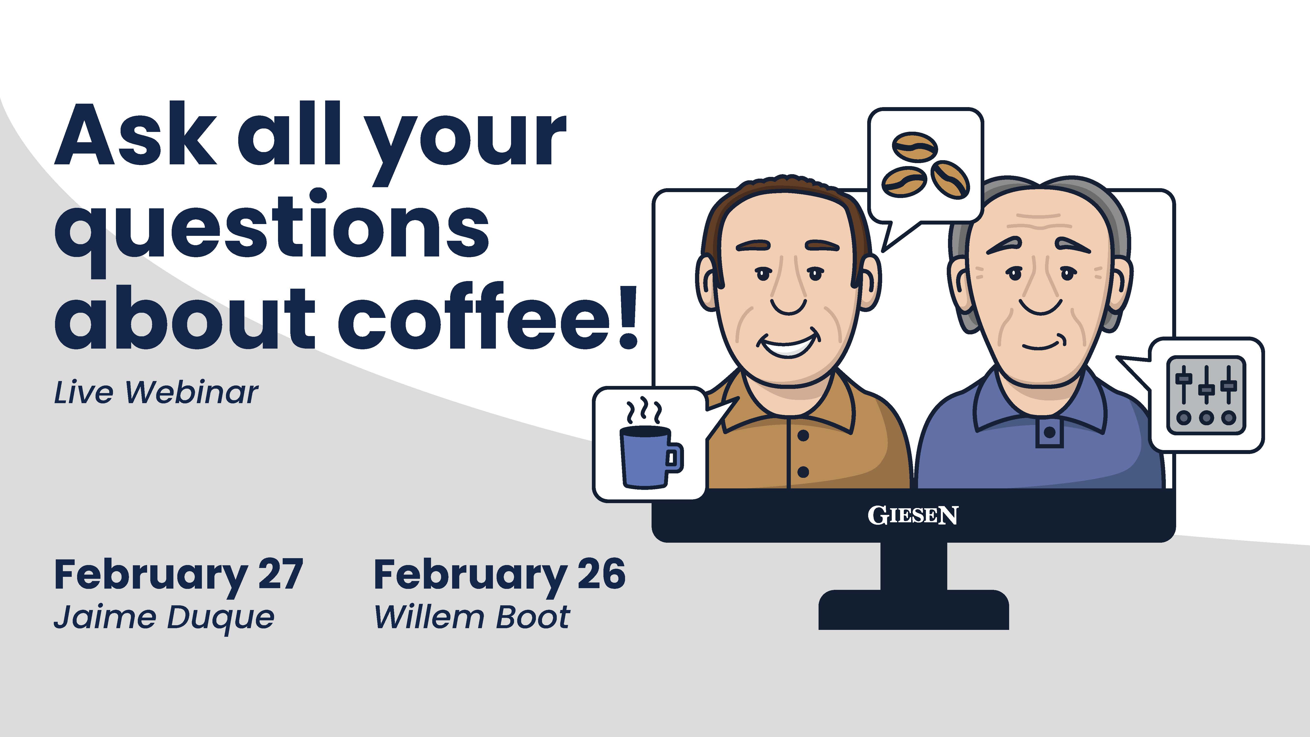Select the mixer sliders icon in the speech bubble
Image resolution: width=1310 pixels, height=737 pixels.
tap(1206, 395)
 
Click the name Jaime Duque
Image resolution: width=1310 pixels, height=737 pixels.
tap(164, 618)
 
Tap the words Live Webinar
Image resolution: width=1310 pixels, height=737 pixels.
tap(156, 393)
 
